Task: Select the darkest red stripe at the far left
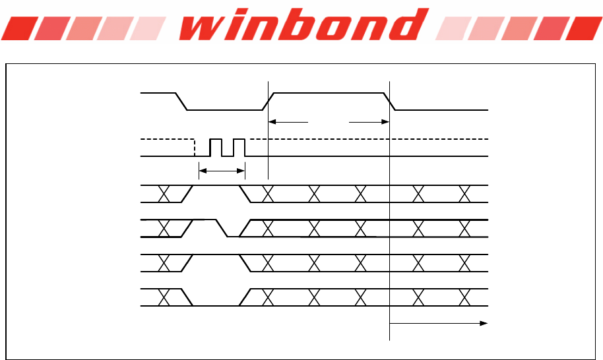[x=16, y=28]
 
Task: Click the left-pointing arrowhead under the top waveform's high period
[x=274, y=121]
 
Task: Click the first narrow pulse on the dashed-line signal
[x=215, y=147]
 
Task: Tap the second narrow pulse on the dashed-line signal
[x=239, y=147]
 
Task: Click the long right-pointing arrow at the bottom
[x=439, y=323]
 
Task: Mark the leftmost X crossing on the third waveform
[x=164, y=194]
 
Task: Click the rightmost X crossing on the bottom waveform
[x=464, y=297]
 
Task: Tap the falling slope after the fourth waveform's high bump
[x=222, y=228]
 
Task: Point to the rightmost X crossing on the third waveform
[x=464, y=194]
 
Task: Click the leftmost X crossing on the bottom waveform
[x=164, y=297]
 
